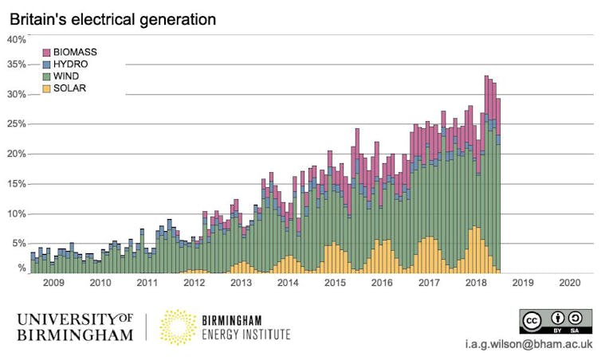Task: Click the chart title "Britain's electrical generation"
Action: pyautogui.click(x=112, y=18)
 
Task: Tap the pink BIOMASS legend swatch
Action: pyautogui.click(x=47, y=52)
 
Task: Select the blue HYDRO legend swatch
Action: pyautogui.click(x=47, y=64)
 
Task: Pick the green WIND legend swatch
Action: pyautogui.click(x=47, y=76)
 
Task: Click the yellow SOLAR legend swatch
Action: pyautogui.click(x=47, y=88)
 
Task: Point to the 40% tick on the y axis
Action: pyautogui.click(x=17, y=39)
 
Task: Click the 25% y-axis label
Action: pyautogui.click(x=17, y=124)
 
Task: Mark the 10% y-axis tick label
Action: pyautogui.click(x=17, y=213)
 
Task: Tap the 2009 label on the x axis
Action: pyautogui.click(x=53, y=283)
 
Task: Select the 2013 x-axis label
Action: pyautogui.click(x=241, y=283)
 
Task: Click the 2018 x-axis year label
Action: pyautogui.click(x=476, y=283)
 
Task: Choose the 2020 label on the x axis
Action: pyautogui.click(x=570, y=283)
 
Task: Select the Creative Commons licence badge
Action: pyautogui.click(x=556, y=323)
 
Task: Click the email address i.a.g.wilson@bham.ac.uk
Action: pyautogui.click(x=532, y=345)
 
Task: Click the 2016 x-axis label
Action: pyautogui.click(x=382, y=283)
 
